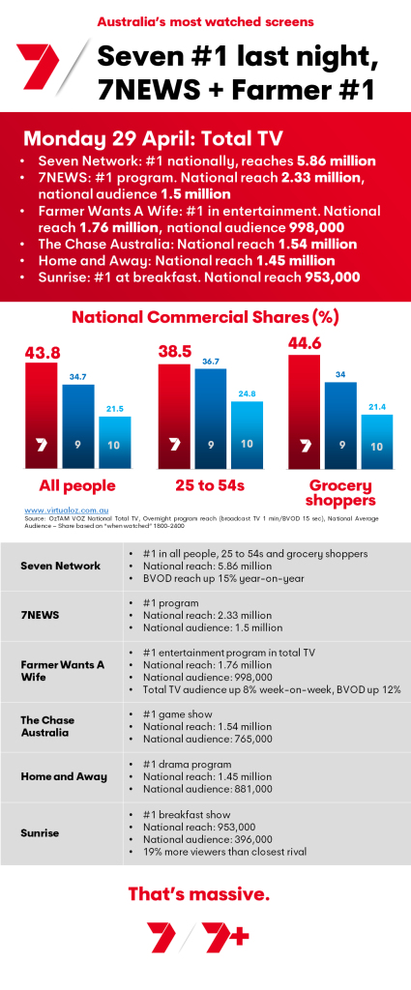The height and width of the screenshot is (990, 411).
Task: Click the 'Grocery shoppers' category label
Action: point(341,493)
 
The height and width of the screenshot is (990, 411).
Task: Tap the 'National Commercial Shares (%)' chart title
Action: point(206,316)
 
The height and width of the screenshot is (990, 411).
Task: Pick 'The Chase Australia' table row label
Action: point(48,726)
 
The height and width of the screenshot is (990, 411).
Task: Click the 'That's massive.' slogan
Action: point(198,893)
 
